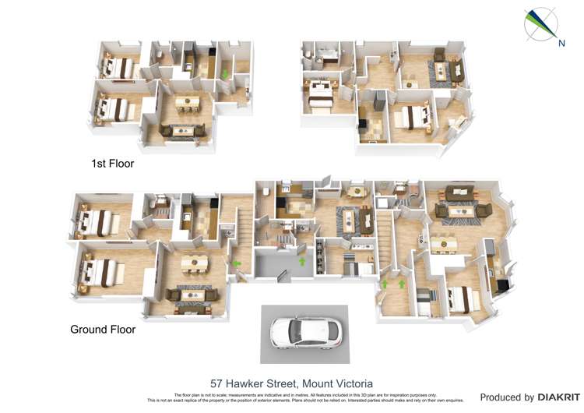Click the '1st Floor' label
(x=113, y=164)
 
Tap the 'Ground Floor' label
(x=103, y=329)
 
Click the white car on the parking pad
(x=304, y=333)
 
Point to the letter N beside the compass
(x=561, y=43)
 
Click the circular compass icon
(x=540, y=24)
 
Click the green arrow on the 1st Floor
(x=225, y=75)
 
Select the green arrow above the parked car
(x=302, y=261)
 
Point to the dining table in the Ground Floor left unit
(x=194, y=263)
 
